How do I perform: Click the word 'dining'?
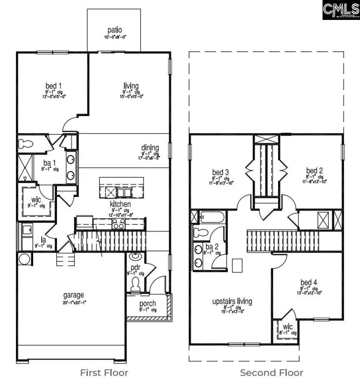point(148,147)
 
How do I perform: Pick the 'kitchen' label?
point(119,203)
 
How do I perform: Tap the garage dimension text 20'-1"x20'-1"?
point(74,302)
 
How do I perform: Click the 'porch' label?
point(148,304)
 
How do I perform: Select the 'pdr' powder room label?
point(135,268)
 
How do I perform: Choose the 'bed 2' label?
point(314,170)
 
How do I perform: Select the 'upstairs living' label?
point(232,301)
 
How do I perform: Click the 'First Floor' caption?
point(104,373)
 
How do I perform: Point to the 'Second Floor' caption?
point(271,373)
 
